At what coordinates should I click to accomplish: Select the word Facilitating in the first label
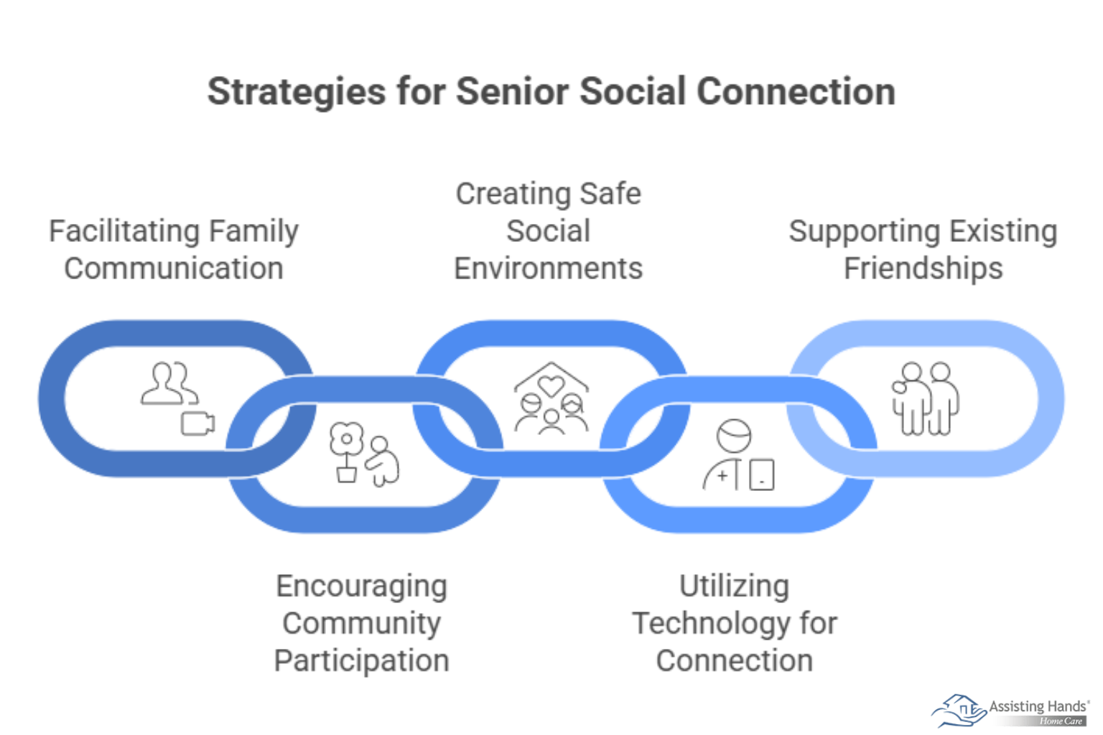[114, 232]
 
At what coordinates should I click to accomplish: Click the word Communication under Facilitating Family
[174, 269]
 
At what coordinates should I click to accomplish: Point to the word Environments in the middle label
[548, 269]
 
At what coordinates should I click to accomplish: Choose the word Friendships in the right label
[923, 269]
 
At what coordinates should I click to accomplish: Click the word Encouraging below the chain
[361, 586]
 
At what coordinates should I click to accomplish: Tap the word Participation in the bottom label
[361, 661]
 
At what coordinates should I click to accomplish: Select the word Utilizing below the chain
[734, 586]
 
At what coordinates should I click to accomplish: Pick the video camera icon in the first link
[197, 423]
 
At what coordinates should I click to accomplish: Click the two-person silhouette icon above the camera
[169, 384]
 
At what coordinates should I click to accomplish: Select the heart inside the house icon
[551, 386]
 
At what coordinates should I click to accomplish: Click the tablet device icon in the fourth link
[762, 475]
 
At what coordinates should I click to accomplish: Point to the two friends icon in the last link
[925, 398]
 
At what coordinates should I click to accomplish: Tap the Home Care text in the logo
[1061, 721]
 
